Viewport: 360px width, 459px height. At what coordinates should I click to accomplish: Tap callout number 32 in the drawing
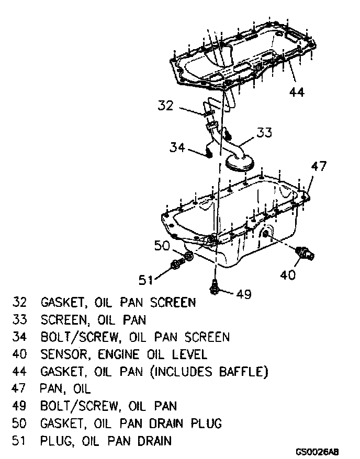165,106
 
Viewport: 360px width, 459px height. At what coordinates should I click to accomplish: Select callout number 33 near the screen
264,133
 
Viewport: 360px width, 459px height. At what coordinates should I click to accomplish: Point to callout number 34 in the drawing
178,147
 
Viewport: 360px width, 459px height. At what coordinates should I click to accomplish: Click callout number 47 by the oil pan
319,167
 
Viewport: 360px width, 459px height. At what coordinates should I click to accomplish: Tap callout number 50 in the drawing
163,245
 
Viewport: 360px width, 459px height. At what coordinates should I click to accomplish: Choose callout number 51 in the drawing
147,280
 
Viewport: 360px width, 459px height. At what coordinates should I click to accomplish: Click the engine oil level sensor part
305,253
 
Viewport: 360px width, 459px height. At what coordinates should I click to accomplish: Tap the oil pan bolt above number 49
215,285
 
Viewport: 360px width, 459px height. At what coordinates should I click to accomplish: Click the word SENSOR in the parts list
64,354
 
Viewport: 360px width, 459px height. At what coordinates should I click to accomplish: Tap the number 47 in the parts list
19,388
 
